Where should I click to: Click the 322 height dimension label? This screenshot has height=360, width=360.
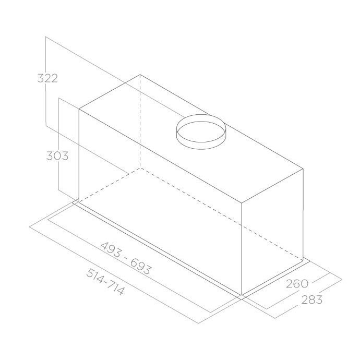pos(47,78)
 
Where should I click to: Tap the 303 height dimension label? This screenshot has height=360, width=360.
pos(57,156)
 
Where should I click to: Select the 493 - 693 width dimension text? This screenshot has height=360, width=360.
pos(126,258)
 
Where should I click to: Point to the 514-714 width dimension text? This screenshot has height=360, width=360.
pos(105,282)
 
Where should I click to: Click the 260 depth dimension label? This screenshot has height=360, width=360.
pos(297,284)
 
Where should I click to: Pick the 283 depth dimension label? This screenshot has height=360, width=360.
pos(311,299)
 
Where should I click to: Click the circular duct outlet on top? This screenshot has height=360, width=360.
pos(201,132)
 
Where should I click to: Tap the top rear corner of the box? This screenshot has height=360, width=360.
pos(140,75)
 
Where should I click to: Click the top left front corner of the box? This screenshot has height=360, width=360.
pos(79,109)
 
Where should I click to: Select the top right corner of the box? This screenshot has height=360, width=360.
pos(303,169)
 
